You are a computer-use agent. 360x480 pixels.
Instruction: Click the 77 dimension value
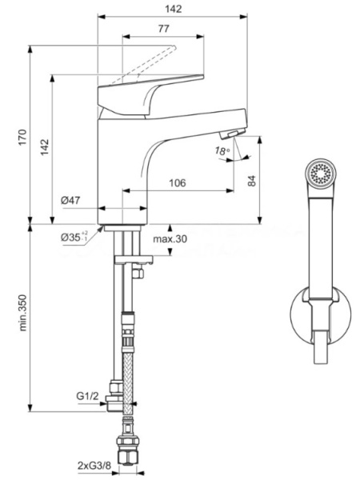[x=163, y=29]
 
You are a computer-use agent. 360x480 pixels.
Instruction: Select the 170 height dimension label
[x=23, y=137]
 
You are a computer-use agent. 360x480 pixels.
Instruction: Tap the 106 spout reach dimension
[x=178, y=182]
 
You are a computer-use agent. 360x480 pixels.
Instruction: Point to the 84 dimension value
[x=252, y=180]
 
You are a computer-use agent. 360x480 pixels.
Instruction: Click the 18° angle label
[x=222, y=151]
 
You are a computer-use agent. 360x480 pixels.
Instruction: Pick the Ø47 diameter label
[x=70, y=201]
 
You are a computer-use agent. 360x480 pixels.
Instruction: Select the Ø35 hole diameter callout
[x=74, y=237]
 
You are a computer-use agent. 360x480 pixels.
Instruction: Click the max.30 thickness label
[x=170, y=238]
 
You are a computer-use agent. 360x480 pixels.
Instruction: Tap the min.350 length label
[x=23, y=313]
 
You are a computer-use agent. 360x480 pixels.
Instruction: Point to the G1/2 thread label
[x=87, y=396]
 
